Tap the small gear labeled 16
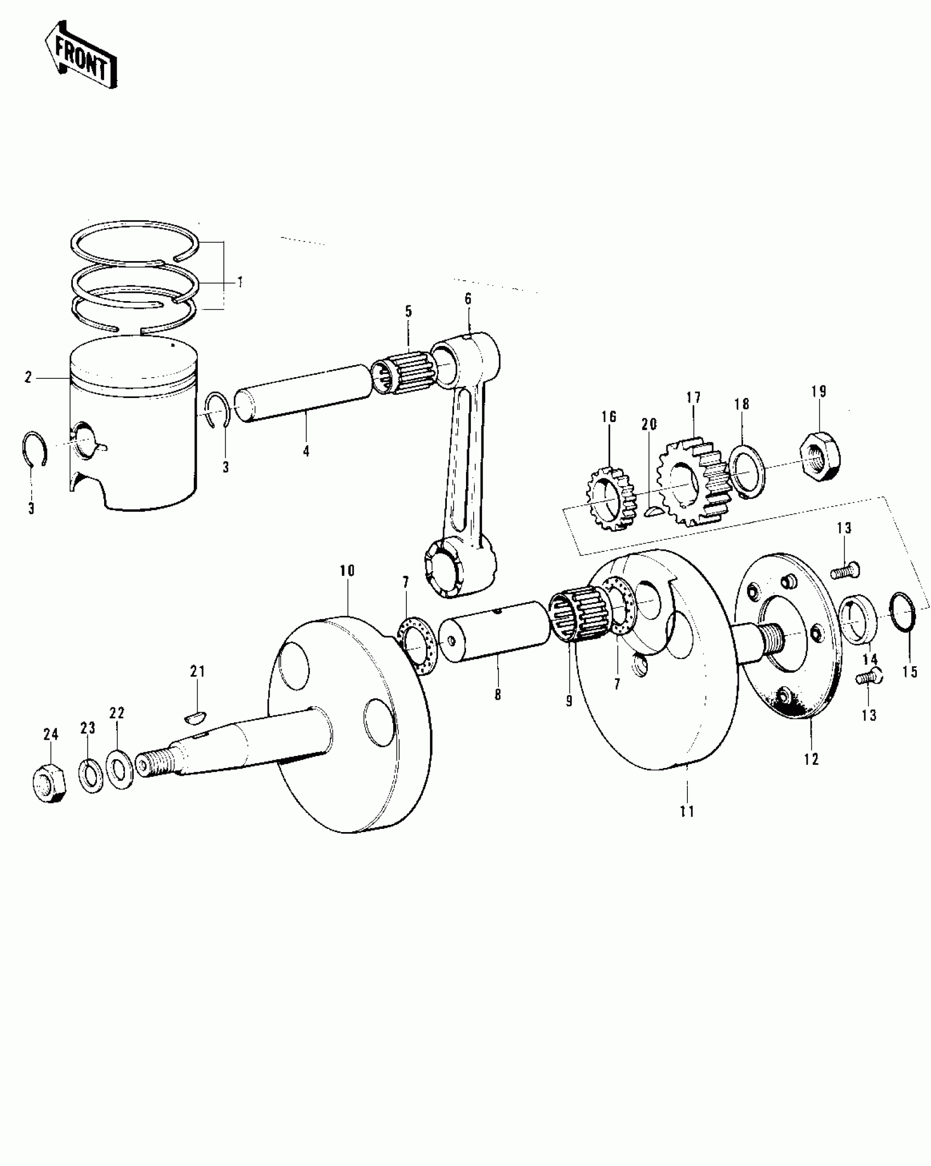[x=610, y=497]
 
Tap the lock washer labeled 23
[x=91, y=774]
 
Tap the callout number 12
[x=811, y=759]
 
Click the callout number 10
[x=347, y=571]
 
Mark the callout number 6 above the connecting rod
[x=468, y=299]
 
